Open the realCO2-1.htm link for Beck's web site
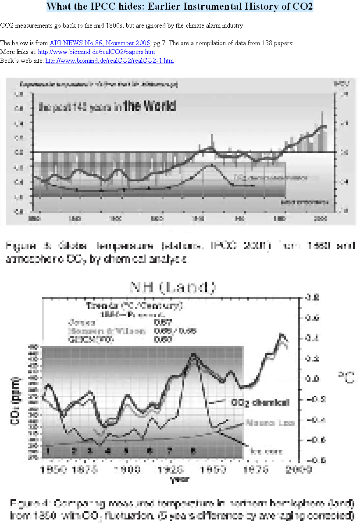[x=109, y=61]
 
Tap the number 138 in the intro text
[x=267, y=43]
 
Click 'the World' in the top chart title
[x=150, y=106]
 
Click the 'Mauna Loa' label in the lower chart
[x=270, y=423]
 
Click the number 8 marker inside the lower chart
[x=193, y=451]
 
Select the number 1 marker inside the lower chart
[x=49, y=451]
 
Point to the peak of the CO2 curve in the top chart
[x=211, y=165]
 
